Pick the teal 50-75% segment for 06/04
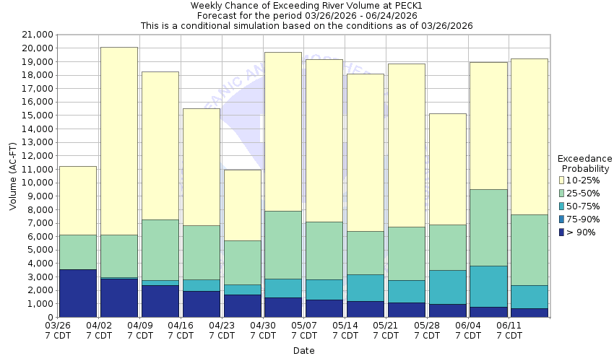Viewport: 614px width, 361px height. tap(488, 286)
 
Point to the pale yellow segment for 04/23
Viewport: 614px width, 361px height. tap(242, 205)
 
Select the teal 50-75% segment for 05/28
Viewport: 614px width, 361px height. tap(447, 287)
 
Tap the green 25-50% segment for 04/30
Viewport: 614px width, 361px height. tap(283, 245)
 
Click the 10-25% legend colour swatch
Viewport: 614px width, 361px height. tap(562, 180)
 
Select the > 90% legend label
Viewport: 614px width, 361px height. tap(582, 232)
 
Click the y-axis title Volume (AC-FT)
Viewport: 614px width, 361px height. tap(13, 175)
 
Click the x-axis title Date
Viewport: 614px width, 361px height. tap(303, 351)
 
